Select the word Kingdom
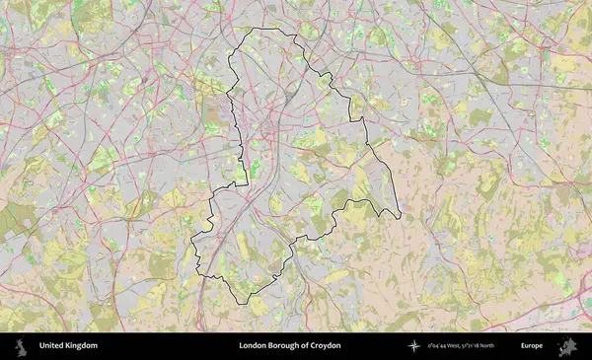[x=83, y=346]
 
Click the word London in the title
[x=252, y=346]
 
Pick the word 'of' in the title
[x=305, y=346]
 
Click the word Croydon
[x=326, y=346]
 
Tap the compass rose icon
[x=414, y=346]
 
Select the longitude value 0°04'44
[x=437, y=346]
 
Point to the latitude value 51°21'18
[x=481, y=346]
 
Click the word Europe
[x=532, y=346]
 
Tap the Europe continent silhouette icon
[x=567, y=346]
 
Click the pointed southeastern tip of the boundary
[x=401, y=217]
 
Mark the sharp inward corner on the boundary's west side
[x=247, y=184]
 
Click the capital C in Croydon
[x=314, y=346]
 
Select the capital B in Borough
[x=271, y=346]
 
